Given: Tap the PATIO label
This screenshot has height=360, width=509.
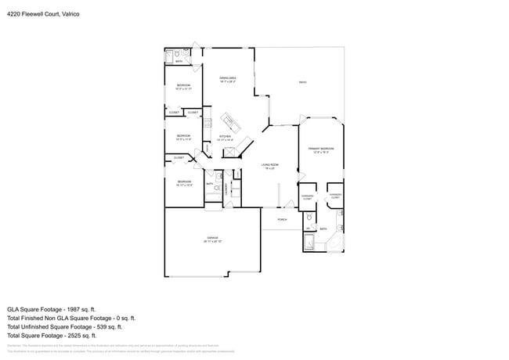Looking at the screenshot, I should tap(302, 83).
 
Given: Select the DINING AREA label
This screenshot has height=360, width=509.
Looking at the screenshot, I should tap(228, 78).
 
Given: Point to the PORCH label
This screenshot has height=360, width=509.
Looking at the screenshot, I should tap(282, 219).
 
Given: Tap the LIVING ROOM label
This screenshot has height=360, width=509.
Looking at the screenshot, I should tap(271, 165).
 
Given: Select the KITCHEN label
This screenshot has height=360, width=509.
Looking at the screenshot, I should tap(225, 138).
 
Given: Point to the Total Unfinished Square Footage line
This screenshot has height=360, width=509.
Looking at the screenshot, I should tap(73, 328).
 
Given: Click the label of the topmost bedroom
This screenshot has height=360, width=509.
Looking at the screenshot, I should tap(182, 86).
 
